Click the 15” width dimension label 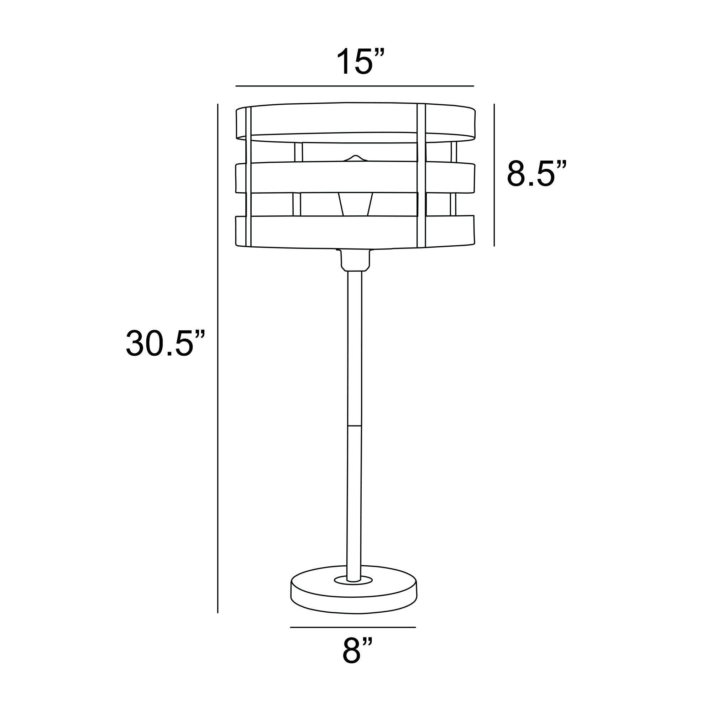pyautogui.click(x=360, y=62)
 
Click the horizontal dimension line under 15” pyautogui.click(x=355, y=86)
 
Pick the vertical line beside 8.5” pyautogui.click(x=494, y=175)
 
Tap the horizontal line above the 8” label pyautogui.click(x=353, y=627)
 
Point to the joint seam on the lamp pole pyautogui.click(x=355, y=426)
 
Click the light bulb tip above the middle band pyautogui.click(x=355, y=158)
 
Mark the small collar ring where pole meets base pyautogui.click(x=354, y=580)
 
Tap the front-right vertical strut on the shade pyautogui.click(x=421, y=177)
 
